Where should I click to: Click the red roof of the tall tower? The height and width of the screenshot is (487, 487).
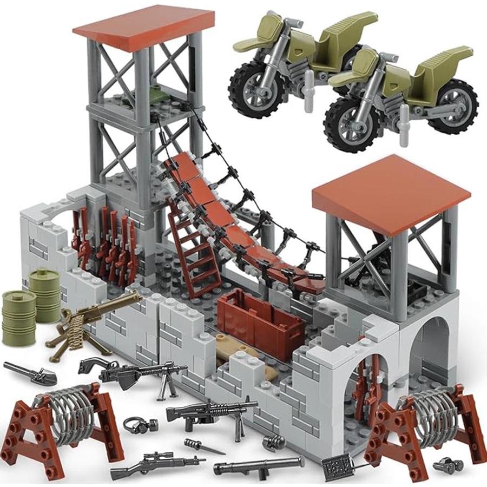144,27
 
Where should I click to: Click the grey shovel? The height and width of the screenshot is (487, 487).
30,372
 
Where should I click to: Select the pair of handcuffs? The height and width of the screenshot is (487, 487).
135,424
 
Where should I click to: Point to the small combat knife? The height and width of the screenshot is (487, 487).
203,446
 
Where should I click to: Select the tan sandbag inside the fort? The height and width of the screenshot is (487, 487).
238,352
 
